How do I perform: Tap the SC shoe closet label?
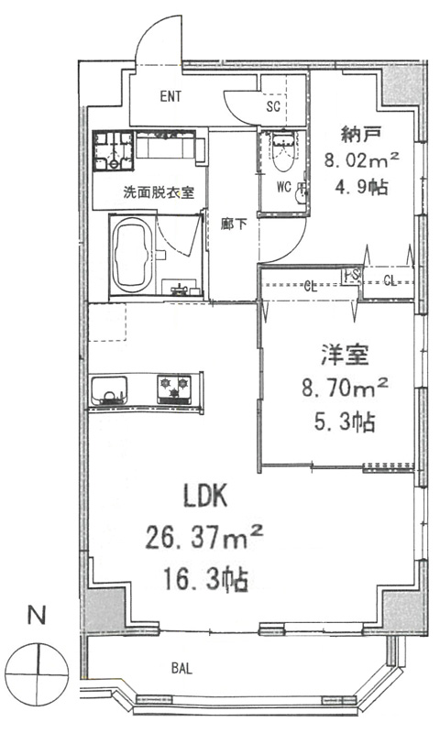coord(273,105)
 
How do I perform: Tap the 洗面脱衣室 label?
coord(159,192)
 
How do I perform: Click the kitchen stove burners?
coord(173,388)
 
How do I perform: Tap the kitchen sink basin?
coord(109,391)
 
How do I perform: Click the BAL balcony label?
coord(181,668)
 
